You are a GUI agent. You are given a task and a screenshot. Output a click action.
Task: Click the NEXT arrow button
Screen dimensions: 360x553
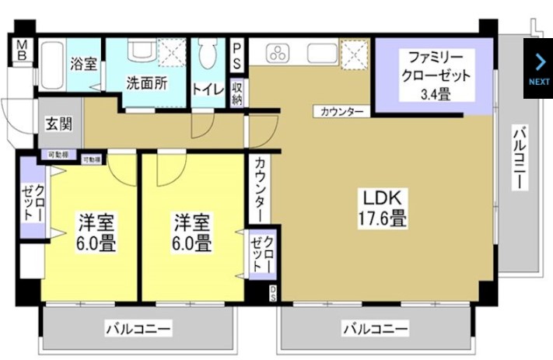coord(538,68)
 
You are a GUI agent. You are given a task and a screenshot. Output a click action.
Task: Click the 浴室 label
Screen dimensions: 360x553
coord(82,64)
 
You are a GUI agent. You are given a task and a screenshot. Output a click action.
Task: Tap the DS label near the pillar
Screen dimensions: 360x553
coord(272,293)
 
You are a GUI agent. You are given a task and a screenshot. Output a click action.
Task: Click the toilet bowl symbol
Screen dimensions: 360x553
coord(208,56)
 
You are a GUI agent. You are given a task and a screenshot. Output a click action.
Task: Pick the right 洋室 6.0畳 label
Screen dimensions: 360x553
coord(191,232)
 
